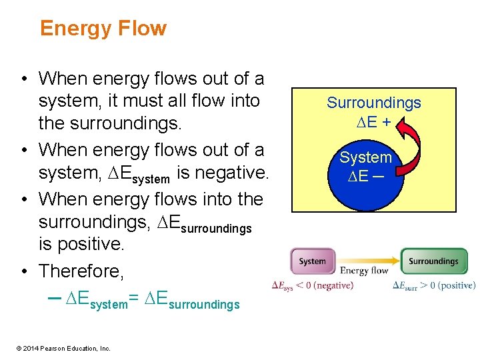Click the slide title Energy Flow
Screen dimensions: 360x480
coord(103,29)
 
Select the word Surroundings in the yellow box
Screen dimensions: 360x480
coord(373,103)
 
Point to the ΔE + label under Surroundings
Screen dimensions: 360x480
coord(373,121)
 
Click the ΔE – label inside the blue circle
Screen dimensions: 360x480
coord(364,177)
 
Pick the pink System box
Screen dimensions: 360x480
coord(312,261)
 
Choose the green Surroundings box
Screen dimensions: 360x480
coord(433,261)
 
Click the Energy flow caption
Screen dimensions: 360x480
coord(363,271)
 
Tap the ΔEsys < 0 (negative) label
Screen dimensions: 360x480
coord(313,285)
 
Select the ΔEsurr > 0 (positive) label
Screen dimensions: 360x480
coord(434,285)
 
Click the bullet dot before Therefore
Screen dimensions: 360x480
coord(24,271)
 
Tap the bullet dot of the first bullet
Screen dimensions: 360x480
coord(24,79)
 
